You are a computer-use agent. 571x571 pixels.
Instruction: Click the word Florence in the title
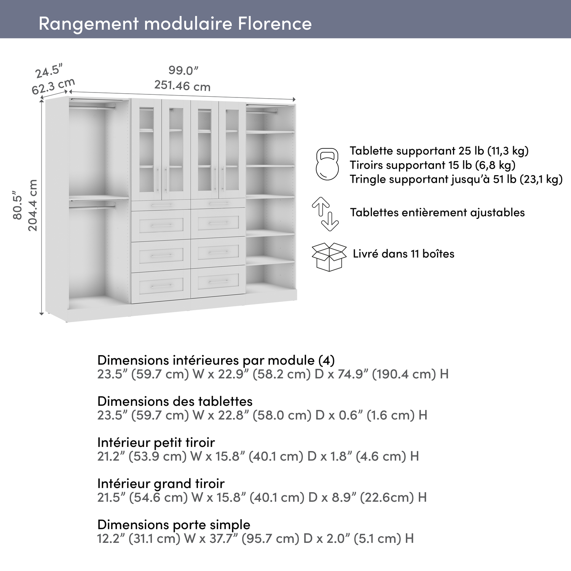click(x=274, y=24)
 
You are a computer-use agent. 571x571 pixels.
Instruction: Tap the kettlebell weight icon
click(x=327, y=164)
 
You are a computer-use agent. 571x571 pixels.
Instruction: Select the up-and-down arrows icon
click(x=325, y=214)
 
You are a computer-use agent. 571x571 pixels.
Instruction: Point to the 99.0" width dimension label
click(x=183, y=70)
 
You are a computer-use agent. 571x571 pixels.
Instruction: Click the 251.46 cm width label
click(x=182, y=86)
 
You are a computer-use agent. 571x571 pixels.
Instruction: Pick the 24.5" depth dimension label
click(x=49, y=71)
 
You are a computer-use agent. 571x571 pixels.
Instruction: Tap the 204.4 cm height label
click(x=33, y=205)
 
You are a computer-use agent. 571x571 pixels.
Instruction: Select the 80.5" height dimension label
click(x=18, y=205)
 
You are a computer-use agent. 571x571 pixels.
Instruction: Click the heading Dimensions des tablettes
click(x=175, y=401)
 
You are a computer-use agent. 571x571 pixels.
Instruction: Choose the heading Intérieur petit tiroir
click(x=156, y=442)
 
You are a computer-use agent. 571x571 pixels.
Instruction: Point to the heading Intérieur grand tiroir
click(x=161, y=483)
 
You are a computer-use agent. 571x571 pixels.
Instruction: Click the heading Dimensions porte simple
click(x=174, y=525)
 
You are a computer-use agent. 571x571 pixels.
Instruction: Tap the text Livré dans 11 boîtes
click(x=404, y=254)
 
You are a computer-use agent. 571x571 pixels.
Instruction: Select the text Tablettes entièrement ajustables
click(x=437, y=212)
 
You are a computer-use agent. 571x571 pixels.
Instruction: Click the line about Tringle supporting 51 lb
click(x=456, y=179)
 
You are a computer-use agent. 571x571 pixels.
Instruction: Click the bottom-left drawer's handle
click(x=161, y=285)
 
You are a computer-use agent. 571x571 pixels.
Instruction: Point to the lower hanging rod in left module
click(x=93, y=207)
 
